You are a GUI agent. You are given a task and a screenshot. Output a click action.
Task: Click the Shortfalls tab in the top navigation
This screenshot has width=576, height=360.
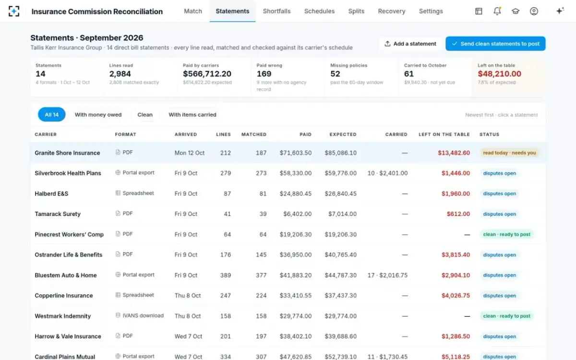276,12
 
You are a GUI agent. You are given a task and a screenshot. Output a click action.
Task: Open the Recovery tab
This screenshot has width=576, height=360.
392,12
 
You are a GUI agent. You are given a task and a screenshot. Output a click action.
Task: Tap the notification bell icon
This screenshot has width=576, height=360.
497,11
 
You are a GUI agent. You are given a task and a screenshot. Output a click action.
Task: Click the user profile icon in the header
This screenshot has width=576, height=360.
534,11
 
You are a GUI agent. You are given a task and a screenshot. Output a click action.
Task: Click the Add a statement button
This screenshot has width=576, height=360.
410,44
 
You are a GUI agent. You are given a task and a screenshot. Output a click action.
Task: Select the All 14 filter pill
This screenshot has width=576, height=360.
52,114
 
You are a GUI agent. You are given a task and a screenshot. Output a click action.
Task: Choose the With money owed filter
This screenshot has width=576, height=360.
98,115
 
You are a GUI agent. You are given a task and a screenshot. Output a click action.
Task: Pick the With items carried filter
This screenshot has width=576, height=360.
192,115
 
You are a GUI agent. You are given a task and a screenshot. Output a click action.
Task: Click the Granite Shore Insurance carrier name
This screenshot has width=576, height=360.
67,153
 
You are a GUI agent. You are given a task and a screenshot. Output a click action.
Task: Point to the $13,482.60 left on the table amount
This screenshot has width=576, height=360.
454,153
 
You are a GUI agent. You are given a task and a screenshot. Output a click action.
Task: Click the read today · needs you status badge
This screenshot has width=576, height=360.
509,153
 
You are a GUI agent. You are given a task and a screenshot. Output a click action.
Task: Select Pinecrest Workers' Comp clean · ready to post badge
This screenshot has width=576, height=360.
506,234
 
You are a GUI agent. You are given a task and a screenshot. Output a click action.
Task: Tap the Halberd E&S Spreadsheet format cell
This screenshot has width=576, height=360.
134,193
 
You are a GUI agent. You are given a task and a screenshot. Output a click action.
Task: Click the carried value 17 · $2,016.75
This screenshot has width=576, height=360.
387,275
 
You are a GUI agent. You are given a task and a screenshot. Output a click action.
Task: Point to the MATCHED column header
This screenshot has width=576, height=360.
254,134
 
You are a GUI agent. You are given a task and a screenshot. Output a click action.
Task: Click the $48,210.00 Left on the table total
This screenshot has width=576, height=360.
499,74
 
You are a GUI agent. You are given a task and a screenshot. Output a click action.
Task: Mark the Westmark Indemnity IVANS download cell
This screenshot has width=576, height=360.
139,315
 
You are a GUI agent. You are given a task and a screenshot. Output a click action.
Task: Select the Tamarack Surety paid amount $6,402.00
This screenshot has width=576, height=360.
297,214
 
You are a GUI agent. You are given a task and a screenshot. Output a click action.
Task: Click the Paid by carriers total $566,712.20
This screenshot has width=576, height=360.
207,74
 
